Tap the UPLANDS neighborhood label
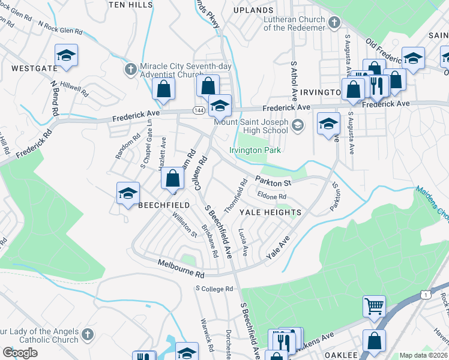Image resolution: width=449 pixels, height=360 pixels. pos(253,10)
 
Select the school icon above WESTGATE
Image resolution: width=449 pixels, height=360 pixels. pos(66,56)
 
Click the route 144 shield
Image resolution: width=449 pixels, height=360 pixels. pos(199,110)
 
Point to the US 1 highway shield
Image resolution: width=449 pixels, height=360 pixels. pos(426,295)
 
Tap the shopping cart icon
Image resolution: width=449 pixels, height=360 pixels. pos(374,305)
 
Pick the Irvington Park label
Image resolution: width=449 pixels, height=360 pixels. pos(256,149)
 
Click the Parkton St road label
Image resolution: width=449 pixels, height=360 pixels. pos(273,181)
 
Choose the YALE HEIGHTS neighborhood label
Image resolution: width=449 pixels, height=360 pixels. pos(270,212)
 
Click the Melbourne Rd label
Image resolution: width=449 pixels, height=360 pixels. pos(181,268)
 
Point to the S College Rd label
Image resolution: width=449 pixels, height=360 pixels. pos(214,289)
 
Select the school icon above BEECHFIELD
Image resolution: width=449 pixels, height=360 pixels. pos(128,193)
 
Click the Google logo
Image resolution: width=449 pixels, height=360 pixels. pos(20,352)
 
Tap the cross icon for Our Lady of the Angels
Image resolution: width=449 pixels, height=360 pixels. pos(87,333)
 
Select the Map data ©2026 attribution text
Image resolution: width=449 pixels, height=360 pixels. pos(423,355)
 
